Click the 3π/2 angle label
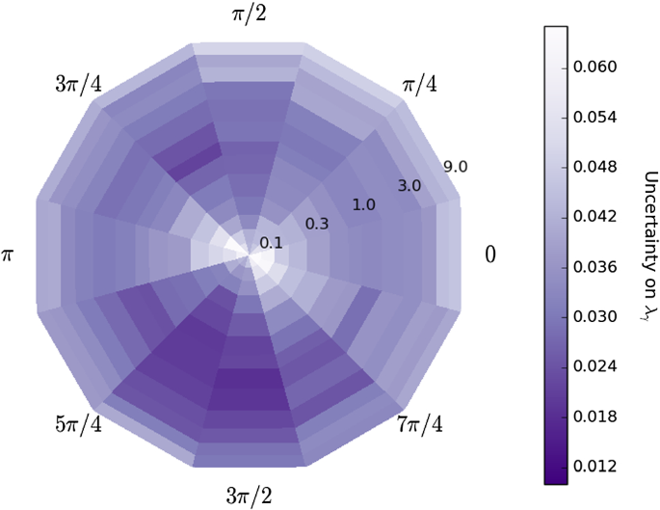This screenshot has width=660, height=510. click(x=248, y=495)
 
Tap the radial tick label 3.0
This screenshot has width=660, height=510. click(x=409, y=185)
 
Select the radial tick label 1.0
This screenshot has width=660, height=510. click(x=364, y=204)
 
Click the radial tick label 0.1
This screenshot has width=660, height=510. click(x=272, y=243)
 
